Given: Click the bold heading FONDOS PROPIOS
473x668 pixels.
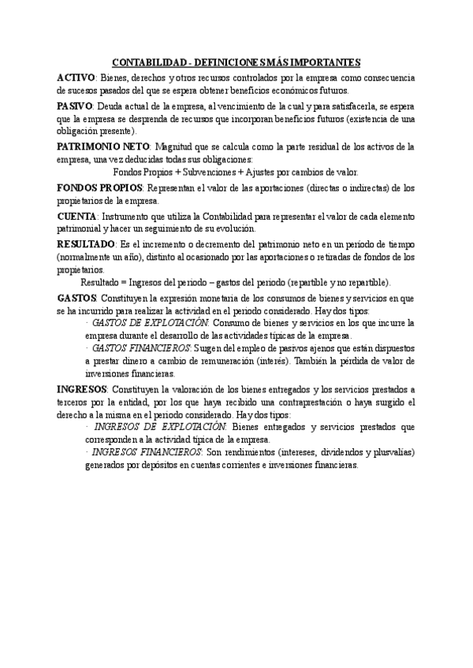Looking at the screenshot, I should (x=99, y=187).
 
